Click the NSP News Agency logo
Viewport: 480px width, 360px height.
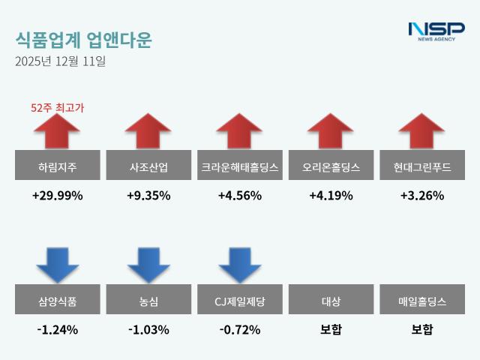(x=436, y=31)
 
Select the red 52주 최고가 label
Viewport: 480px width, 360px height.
(x=57, y=108)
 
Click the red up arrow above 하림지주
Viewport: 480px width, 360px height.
(x=57, y=131)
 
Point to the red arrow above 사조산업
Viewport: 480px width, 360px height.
(x=148, y=131)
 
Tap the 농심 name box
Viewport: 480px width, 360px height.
(x=148, y=301)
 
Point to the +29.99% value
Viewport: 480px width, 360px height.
(x=57, y=196)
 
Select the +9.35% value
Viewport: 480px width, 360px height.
(x=148, y=196)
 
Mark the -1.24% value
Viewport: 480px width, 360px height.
(x=57, y=329)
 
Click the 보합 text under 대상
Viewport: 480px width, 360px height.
(x=331, y=329)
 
